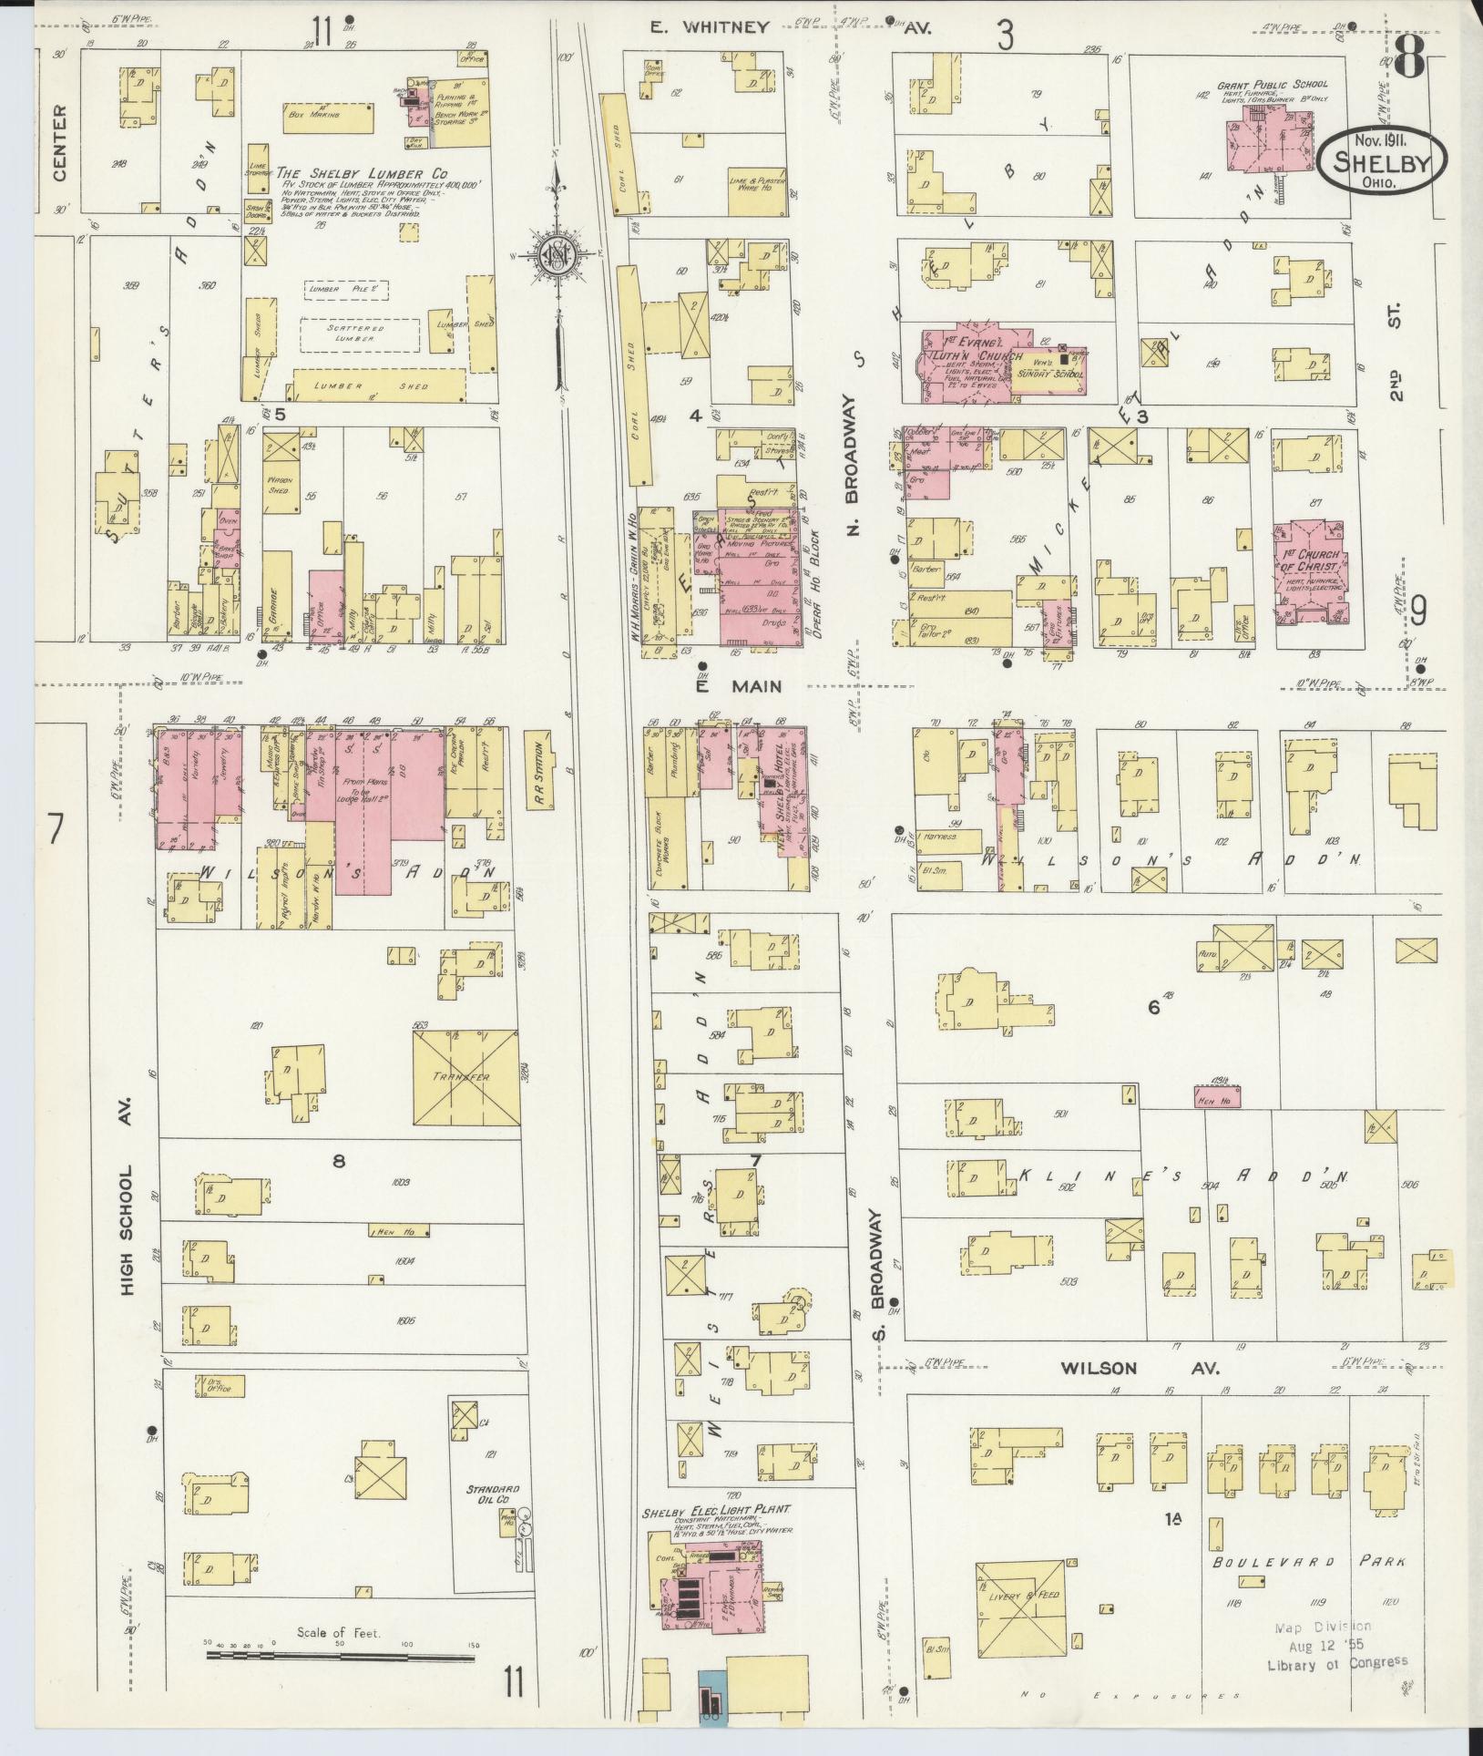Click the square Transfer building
(x=466, y=1077)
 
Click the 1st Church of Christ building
(x=1311, y=573)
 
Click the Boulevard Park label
(x=1308, y=1562)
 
